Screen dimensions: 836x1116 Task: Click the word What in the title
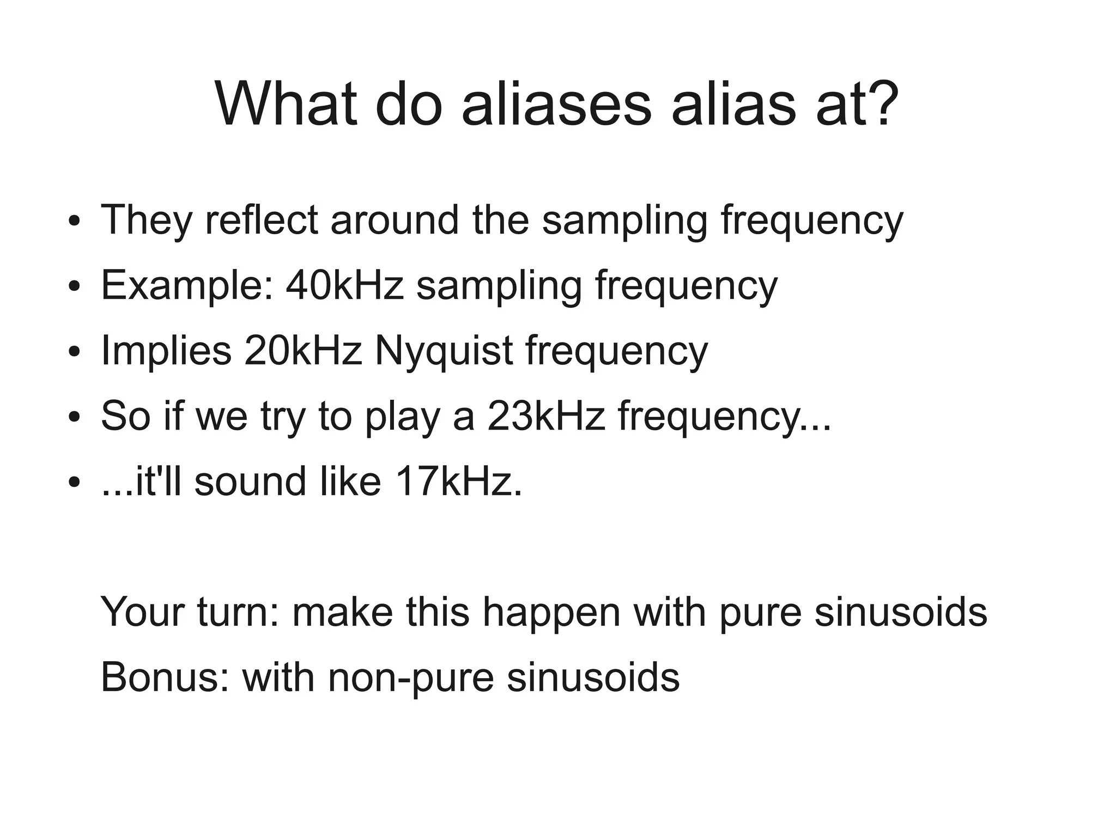[286, 103]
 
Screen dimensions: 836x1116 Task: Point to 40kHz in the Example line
[344, 285]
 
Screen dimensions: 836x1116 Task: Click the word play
[402, 417]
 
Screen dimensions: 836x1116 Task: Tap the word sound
[250, 481]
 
